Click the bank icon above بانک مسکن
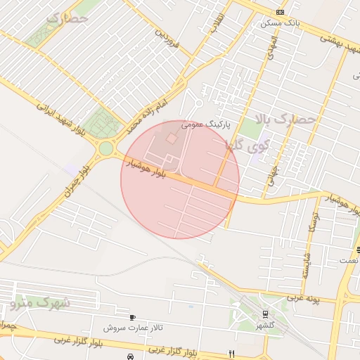pos(281,13)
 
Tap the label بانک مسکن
pos(279,23)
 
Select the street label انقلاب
pos(214,23)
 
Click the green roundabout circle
pos(107,148)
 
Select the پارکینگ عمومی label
pos(205,124)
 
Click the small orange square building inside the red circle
pos(172,139)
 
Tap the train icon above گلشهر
pos(265,314)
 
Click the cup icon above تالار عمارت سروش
pos(133,318)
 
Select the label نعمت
pos(348,260)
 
